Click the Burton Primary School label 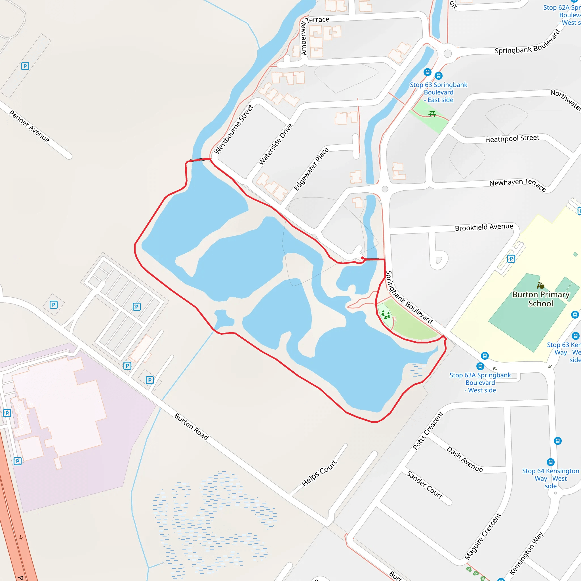[x=541, y=299]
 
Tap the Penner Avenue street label [x=29, y=126]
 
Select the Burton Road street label [x=191, y=427]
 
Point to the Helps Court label [x=319, y=473]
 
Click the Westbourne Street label [x=233, y=129]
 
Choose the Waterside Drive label [x=275, y=144]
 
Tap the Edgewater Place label [x=311, y=169]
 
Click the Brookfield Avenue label [x=484, y=227]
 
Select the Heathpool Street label [x=512, y=139]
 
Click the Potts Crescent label [x=428, y=431]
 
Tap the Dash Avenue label [x=465, y=459]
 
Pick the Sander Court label [x=424, y=485]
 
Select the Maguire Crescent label [x=483, y=536]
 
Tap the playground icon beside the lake [x=386, y=315]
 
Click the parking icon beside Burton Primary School [x=511, y=259]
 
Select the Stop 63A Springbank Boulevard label [x=480, y=382]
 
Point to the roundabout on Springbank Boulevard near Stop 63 [x=447, y=54]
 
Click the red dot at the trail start [x=362, y=258]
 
